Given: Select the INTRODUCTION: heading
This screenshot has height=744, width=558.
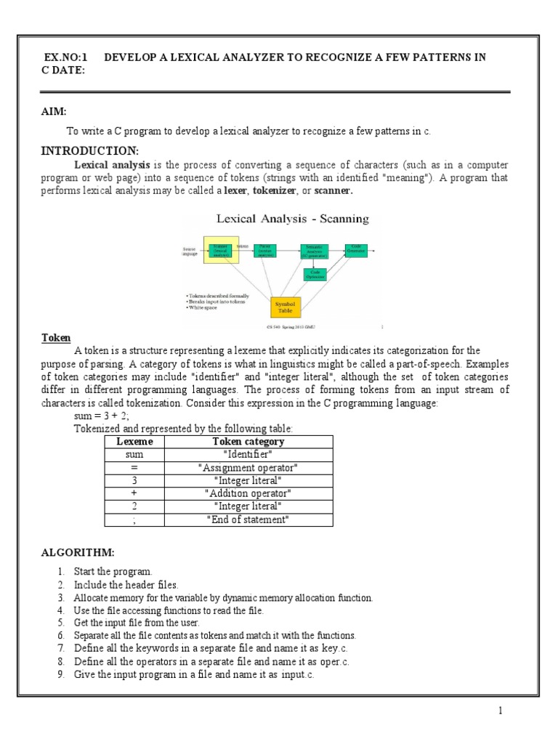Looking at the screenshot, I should [89, 150].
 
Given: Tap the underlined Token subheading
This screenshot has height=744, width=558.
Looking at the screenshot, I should [54, 339].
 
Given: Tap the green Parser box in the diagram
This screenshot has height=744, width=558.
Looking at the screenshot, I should [264, 251].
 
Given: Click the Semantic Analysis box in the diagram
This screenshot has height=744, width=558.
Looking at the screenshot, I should [314, 251].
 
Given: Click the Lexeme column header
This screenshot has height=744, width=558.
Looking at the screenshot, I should [134, 442].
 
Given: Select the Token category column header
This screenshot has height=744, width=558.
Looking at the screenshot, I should [248, 442].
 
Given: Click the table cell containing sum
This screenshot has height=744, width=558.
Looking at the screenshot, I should [134, 455].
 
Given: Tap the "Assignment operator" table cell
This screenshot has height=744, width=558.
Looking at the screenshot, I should [248, 468].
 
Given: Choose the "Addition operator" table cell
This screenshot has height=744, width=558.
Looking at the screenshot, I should [248, 494].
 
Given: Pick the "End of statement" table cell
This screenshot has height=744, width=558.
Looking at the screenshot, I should [248, 520].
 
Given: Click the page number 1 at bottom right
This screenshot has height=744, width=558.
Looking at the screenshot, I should [501, 711].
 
